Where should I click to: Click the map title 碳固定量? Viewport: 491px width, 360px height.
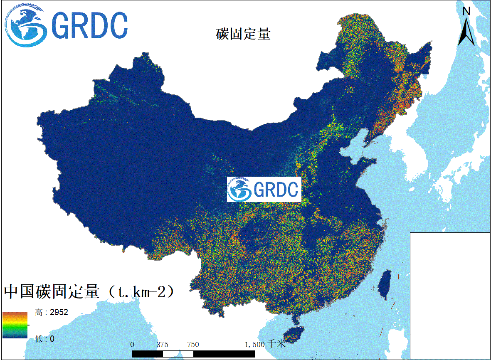(243, 34)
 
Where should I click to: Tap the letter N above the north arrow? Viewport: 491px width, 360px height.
(466, 11)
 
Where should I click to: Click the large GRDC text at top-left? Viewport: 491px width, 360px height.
(89, 26)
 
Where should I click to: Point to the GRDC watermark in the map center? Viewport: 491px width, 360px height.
(264, 189)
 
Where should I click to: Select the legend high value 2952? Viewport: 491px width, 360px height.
(59, 313)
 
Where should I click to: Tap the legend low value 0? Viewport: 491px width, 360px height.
(52, 339)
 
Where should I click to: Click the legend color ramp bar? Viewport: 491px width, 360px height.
(15, 325)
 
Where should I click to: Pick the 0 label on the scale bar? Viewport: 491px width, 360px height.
(132, 345)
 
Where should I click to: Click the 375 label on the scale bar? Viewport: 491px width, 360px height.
(163, 345)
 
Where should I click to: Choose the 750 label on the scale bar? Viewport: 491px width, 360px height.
(193, 345)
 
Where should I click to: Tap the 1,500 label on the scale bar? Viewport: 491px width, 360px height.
(254, 345)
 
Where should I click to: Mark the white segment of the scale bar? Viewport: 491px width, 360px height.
(178, 354)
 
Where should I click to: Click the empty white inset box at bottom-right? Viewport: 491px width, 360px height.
(450, 295)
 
